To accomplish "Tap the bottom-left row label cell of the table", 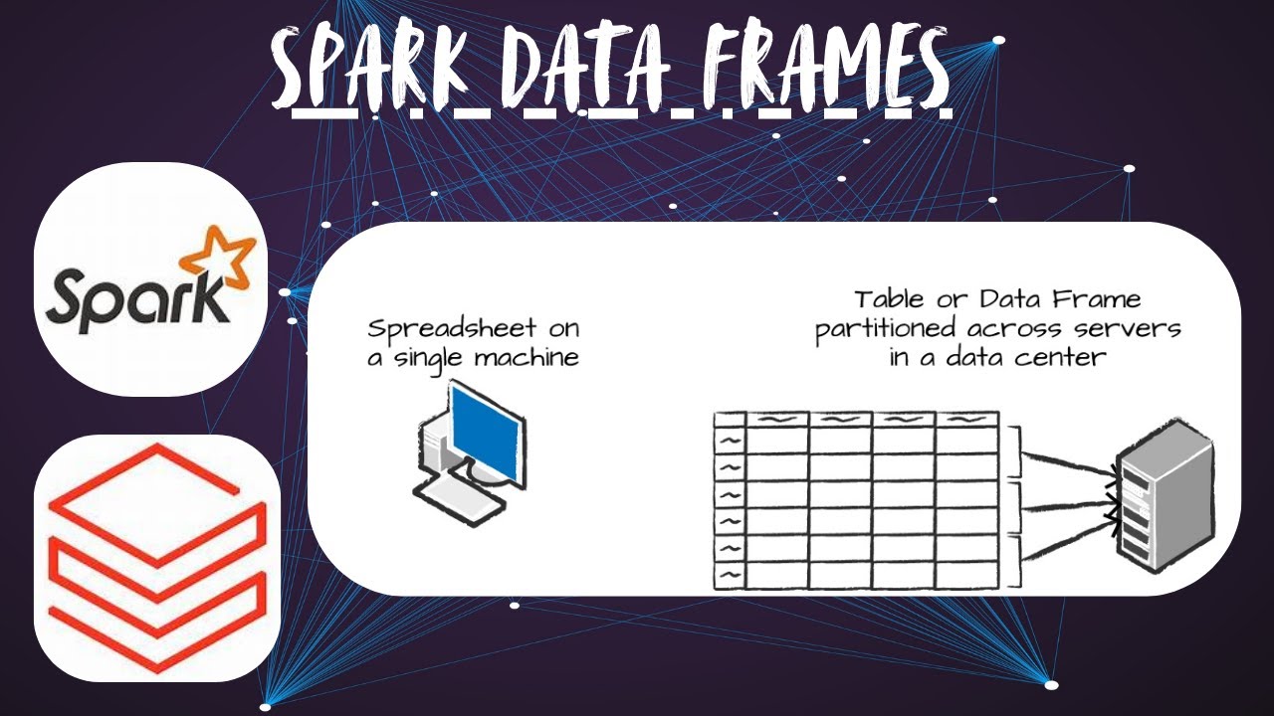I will coord(730,576).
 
